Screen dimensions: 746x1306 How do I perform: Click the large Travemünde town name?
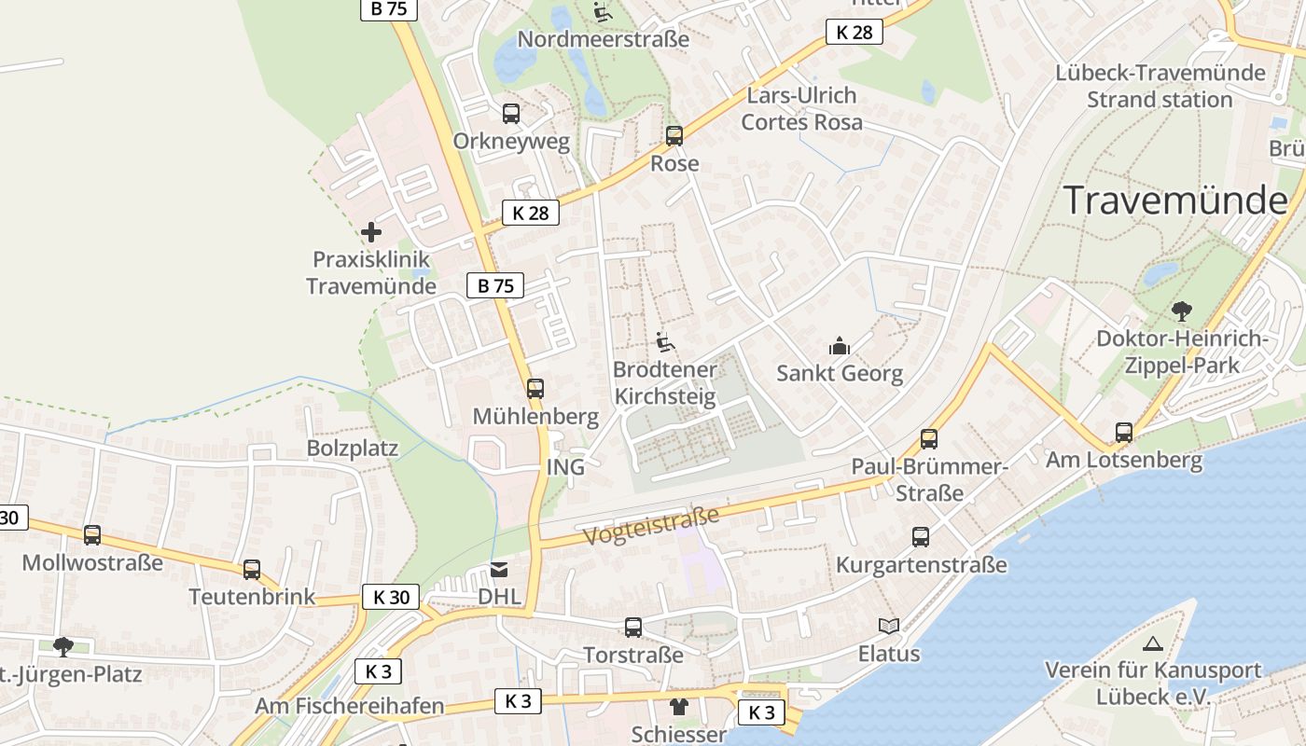tap(1175, 200)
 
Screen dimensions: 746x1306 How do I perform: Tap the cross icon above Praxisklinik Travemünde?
tap(371, 232)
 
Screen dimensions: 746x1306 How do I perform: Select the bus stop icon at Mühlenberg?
tap(535, 389)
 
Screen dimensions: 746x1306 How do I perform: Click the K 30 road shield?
tap(391, 597)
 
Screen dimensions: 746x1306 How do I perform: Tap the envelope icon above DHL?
tap(500, 570)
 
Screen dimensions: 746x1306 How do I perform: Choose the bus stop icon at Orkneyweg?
tap(511, 114)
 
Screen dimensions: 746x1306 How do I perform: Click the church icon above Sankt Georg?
tap(840, 347)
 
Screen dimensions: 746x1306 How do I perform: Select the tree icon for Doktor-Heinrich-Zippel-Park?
tap(1181, 311)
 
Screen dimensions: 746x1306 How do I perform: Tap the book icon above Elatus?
tap(889, 627)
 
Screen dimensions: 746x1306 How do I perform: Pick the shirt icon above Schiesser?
tap(678, 707)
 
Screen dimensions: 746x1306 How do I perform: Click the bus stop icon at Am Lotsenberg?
tap(1124, 433)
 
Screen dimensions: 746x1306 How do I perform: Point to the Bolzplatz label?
tap(353, 449)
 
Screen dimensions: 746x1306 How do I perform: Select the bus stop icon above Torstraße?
tap(633, 628)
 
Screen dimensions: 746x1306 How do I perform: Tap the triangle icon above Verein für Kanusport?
tap(1153, 643)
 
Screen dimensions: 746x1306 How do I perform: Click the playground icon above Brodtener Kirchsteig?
tap(664, 342)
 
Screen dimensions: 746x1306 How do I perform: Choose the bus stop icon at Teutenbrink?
tap(252, 570)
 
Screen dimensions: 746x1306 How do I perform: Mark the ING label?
tap(565, 467)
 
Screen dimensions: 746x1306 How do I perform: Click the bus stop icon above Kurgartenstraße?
tap(921, 537)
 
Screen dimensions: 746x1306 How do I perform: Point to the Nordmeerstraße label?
tap(603, 39)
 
